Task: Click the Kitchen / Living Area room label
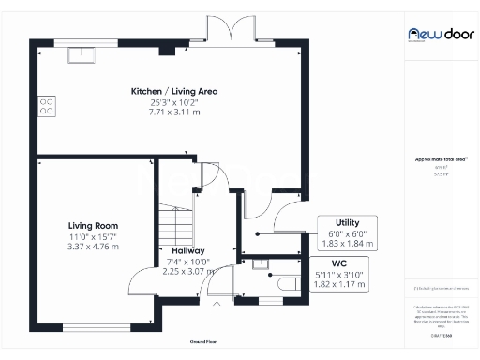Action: click(x=174, y=90)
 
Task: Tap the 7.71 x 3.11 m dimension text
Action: click(x=174, y=112)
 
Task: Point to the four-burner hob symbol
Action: click(x=45, y=106)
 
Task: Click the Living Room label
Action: click(x=93, y=225)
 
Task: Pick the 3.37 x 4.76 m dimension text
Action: click(x=93, y=247)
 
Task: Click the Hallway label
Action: click(x=187, y=250)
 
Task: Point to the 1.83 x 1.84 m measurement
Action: click(x=348, y=243)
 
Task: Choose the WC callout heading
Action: click(x=339, y=263)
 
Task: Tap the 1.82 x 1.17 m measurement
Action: click(x=339, y=284)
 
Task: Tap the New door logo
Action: click(x=432, y=33)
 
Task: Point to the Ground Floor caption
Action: click(x=202, y=341)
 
